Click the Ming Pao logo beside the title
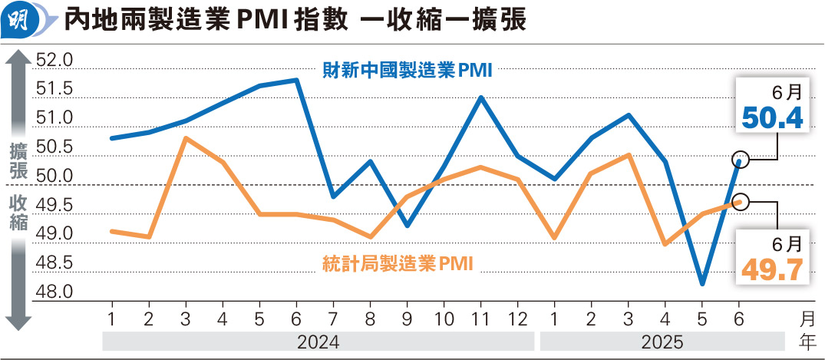(21, 21)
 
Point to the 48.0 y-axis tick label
(54, 292)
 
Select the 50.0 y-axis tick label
(54, 177)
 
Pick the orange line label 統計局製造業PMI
(397, 264)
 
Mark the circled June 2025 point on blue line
(740, 160)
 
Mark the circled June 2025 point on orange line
(740, 201)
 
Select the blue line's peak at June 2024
(297, 80)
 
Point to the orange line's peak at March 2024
(186, 138)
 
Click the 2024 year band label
(318, 341)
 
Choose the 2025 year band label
(662, 341)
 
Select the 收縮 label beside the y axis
(18, 213)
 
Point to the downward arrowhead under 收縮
(18, 322)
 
